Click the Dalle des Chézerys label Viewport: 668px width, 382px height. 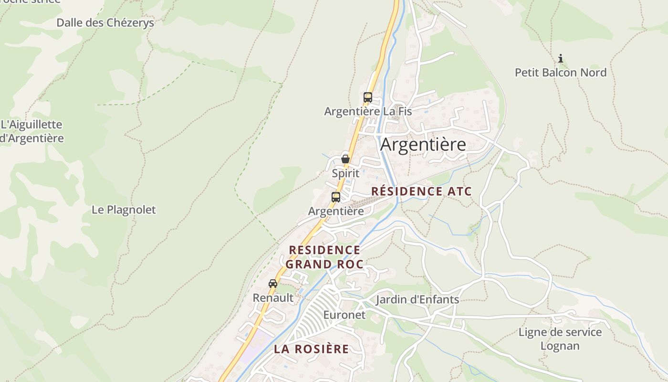pyautogui.click(x=105, y=22)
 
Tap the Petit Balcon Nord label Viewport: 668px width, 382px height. pyautogui.click(x=560, y=73)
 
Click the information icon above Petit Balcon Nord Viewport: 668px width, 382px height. pyautogui.click(x=561, y=59)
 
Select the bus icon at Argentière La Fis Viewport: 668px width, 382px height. pyautogui.click(x=367, y=97)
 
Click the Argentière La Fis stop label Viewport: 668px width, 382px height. pyautogui.click(x=367, y=111)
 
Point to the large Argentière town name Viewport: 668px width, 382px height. pyautogui.click(x=423, y=144)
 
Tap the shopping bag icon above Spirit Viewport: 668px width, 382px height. pyautogui.click(x=345, y=159)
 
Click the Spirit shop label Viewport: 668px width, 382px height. pyautogui.click(x=345, y=173)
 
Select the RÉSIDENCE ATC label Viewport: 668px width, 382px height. pyautogui.click(x=421, y=191)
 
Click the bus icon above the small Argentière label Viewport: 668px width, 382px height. pyautogui.click(x=336, y=197)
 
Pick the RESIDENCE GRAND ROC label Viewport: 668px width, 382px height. pyautogui.click(x=324, y=257)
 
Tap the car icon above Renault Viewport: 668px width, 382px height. pyautogui.click(x=273, y=284)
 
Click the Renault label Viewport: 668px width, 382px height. pyautogui.click(x=273, y=297)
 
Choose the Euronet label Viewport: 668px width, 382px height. pyautogui.click(x=344, y=315)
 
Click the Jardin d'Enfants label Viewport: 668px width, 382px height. pyautogui.click(x=417, y=299)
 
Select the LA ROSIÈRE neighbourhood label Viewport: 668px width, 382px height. pyautogui.click(x=311, y=349)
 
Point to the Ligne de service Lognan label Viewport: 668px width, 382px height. pyautogui.click(x=560, y=339)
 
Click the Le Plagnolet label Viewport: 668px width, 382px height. pyautogui.click(x=124, y=210)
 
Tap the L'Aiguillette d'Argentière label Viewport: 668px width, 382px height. pyautogui.click(x=31, y=131)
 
